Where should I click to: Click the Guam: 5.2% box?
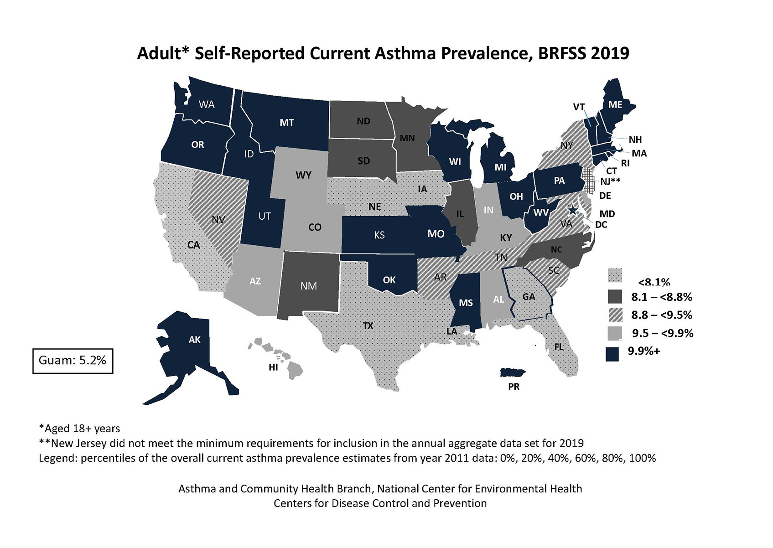click(x=73, y=361)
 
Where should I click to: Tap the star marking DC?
click(x=572, y=210)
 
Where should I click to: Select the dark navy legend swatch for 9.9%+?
click(x=612, y=354)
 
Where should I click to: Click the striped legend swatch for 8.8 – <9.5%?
click(x=615, y=315)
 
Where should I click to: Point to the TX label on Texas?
click(x=368, y=326)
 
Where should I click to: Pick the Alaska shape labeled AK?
click(x=194, y=340)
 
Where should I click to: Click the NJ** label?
click(x=610, y=181)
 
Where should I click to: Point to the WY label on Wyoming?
click(x=303, y=175)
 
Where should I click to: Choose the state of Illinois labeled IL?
click(x=460, y=213)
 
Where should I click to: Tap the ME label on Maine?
click(x=615, y=104)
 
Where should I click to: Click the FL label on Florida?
click(x=559, y=347)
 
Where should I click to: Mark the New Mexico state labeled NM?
click(x=309, y=286)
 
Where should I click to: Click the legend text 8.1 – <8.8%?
click(x=661, y=297)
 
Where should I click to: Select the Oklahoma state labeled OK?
click(x=389, y=279)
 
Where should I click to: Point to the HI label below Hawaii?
click(x=273, y=367)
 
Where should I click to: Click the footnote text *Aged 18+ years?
click(x=80, y=429)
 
